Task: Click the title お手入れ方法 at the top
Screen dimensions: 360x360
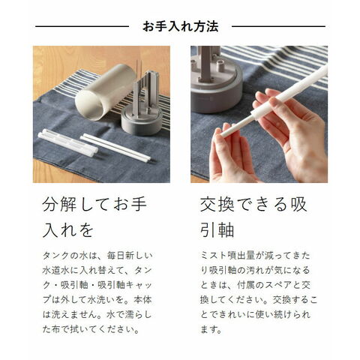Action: pyautogui.click(x=181, y=26)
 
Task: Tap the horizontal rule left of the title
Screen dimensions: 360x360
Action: pyautogui.click(x=82, y=26)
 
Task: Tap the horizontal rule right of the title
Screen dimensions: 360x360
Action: pyautogui.click(x=278, y=26)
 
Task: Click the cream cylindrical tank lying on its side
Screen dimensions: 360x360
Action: pyautogui.click(x=105, y=92)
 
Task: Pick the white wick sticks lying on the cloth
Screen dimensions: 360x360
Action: pyautogui.click(x=115, y=148)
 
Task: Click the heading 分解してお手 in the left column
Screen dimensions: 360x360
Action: pyautogui.click(x=94, y=204)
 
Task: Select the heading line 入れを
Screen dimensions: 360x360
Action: pyautogui.click(x=68, y=230)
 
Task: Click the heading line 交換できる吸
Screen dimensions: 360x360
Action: pyautogui.click(x=253, y=204)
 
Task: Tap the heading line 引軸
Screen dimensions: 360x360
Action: pyautogui.click(x=217, y=230)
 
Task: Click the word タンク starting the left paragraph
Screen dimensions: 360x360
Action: pyautogui.click(x=55, y=256)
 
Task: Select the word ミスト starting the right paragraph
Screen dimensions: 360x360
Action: pyautogui.click(x=213, y=256)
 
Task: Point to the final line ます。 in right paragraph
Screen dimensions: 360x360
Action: pyautogui.click(x=211, y=329)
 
